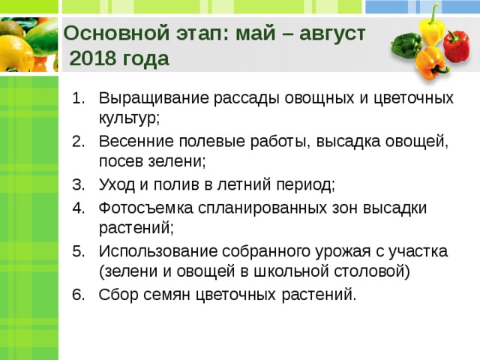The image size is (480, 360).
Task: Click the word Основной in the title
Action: (x=116, y=33)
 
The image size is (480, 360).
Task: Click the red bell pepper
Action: (x=457, y=46)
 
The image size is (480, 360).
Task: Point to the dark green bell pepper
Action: (x=406, y=45)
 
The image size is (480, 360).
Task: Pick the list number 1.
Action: (x=78, y=98)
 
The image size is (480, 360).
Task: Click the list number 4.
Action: (x=78, y=208)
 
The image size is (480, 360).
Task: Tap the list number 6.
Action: (x=78, y=295)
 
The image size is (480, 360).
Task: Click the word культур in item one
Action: (x=127, y=118)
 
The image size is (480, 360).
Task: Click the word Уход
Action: (x=117, y=185)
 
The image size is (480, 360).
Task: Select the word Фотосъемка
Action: (x=145, y=208)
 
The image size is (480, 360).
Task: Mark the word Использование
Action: (x=158, y=251)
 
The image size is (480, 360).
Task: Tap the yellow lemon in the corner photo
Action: (x=15, y=54)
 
